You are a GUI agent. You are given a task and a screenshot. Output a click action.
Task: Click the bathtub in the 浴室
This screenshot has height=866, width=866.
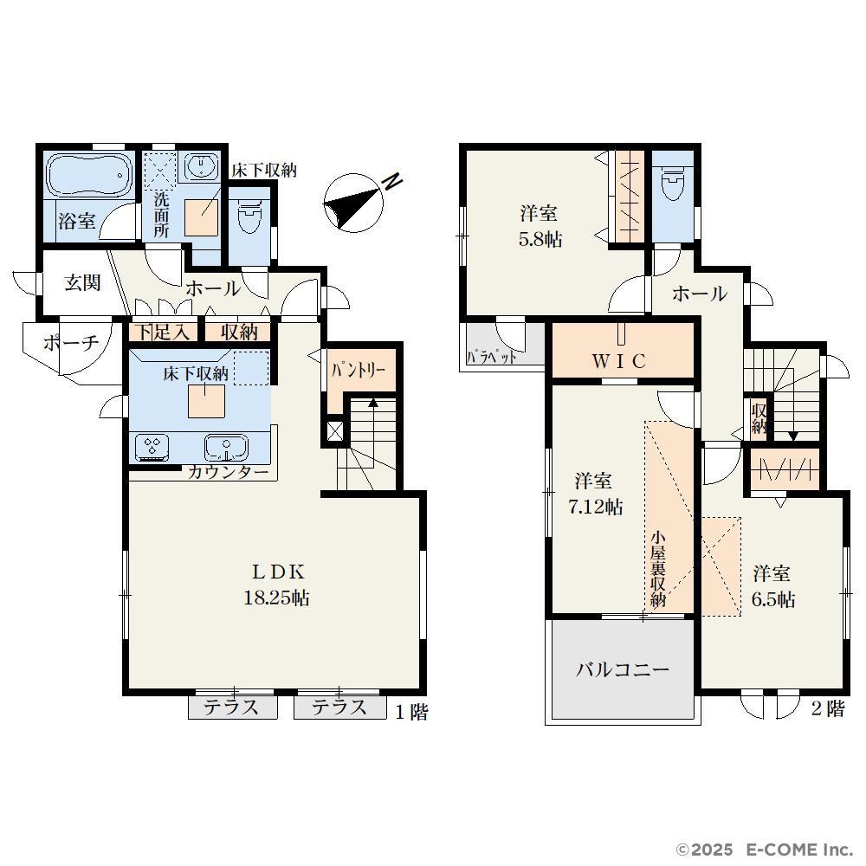point(90,174)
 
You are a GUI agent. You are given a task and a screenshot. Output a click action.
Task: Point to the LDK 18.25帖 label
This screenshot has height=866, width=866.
point(277,585)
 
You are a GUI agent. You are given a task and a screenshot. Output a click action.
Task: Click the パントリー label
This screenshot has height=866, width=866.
point(359,370)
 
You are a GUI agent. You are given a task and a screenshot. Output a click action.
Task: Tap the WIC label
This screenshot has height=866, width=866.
point(620,361)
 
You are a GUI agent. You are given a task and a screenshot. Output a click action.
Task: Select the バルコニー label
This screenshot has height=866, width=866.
point(623,670)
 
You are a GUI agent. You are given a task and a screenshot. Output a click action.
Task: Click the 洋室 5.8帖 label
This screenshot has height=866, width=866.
point(540,226)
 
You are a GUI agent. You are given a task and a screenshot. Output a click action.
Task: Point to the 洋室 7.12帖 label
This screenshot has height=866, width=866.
point(596,494)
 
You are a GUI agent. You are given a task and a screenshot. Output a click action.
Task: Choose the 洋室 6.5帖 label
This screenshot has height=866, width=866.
point(772,586)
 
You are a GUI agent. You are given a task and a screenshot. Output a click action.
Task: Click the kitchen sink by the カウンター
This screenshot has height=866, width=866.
point(226,447)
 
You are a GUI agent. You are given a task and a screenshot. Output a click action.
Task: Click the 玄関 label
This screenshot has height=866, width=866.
point(83,283)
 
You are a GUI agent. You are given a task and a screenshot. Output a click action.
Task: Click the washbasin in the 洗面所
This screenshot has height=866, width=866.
point(201,166)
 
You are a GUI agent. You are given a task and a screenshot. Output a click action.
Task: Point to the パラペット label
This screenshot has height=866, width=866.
point(492,357)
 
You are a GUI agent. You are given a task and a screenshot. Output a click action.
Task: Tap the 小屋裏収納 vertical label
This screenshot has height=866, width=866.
point(658,569)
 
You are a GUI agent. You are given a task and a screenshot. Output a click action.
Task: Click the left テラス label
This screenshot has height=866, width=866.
point(231,708)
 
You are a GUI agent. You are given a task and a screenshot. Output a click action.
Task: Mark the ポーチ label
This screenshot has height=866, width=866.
point(71,343)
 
